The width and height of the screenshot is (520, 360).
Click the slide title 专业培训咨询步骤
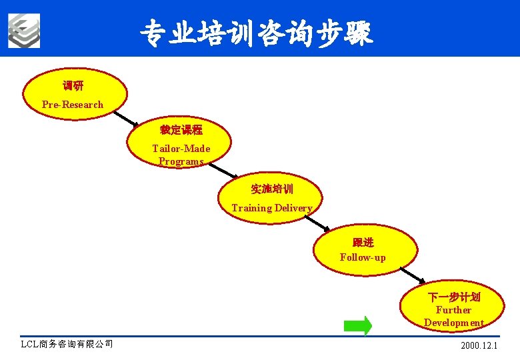click(x=257, y=32)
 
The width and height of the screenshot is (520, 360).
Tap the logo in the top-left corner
click(x=24, y=31)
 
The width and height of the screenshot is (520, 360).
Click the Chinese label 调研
click(x=73, y=86)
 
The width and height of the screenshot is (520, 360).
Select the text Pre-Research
click(x=73, y=105)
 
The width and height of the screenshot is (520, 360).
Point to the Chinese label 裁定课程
click(x=181, y=130)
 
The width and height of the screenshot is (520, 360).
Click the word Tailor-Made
click(x=181, y=149)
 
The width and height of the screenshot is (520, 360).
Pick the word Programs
click(x=181, y=161)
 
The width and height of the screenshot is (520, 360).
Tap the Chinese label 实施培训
click(x=271, y=189)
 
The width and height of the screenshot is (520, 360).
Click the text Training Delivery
click(x=271, y=208)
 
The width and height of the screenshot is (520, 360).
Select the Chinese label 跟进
click(x=363, y=242)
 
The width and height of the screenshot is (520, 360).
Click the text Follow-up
click(x=363, y=257)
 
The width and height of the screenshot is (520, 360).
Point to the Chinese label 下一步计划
click(x=453, y=297)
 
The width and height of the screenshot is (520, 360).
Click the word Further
click(x=453, y=310)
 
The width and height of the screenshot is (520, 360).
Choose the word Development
click(x=453, y=323)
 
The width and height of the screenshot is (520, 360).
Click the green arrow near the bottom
click(x=358, y=325)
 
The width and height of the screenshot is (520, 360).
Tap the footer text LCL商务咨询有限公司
click(x=67, y=344)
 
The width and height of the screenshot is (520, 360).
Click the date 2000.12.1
click(x=479, y=346)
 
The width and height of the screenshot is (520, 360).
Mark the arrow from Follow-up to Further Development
click(x=413, y=276)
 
